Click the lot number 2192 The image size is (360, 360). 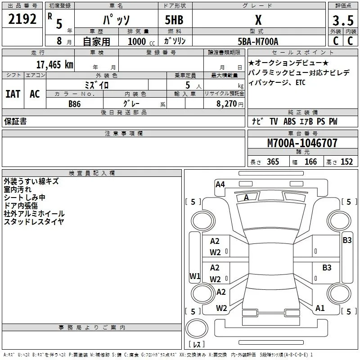(x=22, y=19)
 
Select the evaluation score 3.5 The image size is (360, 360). (x=343, y=20)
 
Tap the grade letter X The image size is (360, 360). (x=258, y=20)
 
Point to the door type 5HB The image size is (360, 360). (x=174, y=20)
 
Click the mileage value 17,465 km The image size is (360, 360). (x=54, y=64)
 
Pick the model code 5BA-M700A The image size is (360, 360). (x=258, y=41)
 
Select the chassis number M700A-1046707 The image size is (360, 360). (x=302, y=143)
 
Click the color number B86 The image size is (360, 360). (x=74, y=104)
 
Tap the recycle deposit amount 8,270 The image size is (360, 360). (x=226, y=104)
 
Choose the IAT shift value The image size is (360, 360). (x=13, y=94)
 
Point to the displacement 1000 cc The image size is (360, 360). (x=141, y=41)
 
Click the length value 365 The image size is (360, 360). (x=273, y=162)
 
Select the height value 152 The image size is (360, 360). (x=346, y=162)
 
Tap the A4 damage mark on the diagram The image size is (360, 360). (x=220, y=184)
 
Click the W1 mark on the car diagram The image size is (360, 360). (x=195, y=276)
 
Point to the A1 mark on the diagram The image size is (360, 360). (x=320, y=308)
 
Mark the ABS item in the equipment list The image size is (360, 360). (x=289, y=121)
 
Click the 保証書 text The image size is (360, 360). (x=15, y=121)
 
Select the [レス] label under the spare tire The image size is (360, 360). (x=197, y=344)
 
